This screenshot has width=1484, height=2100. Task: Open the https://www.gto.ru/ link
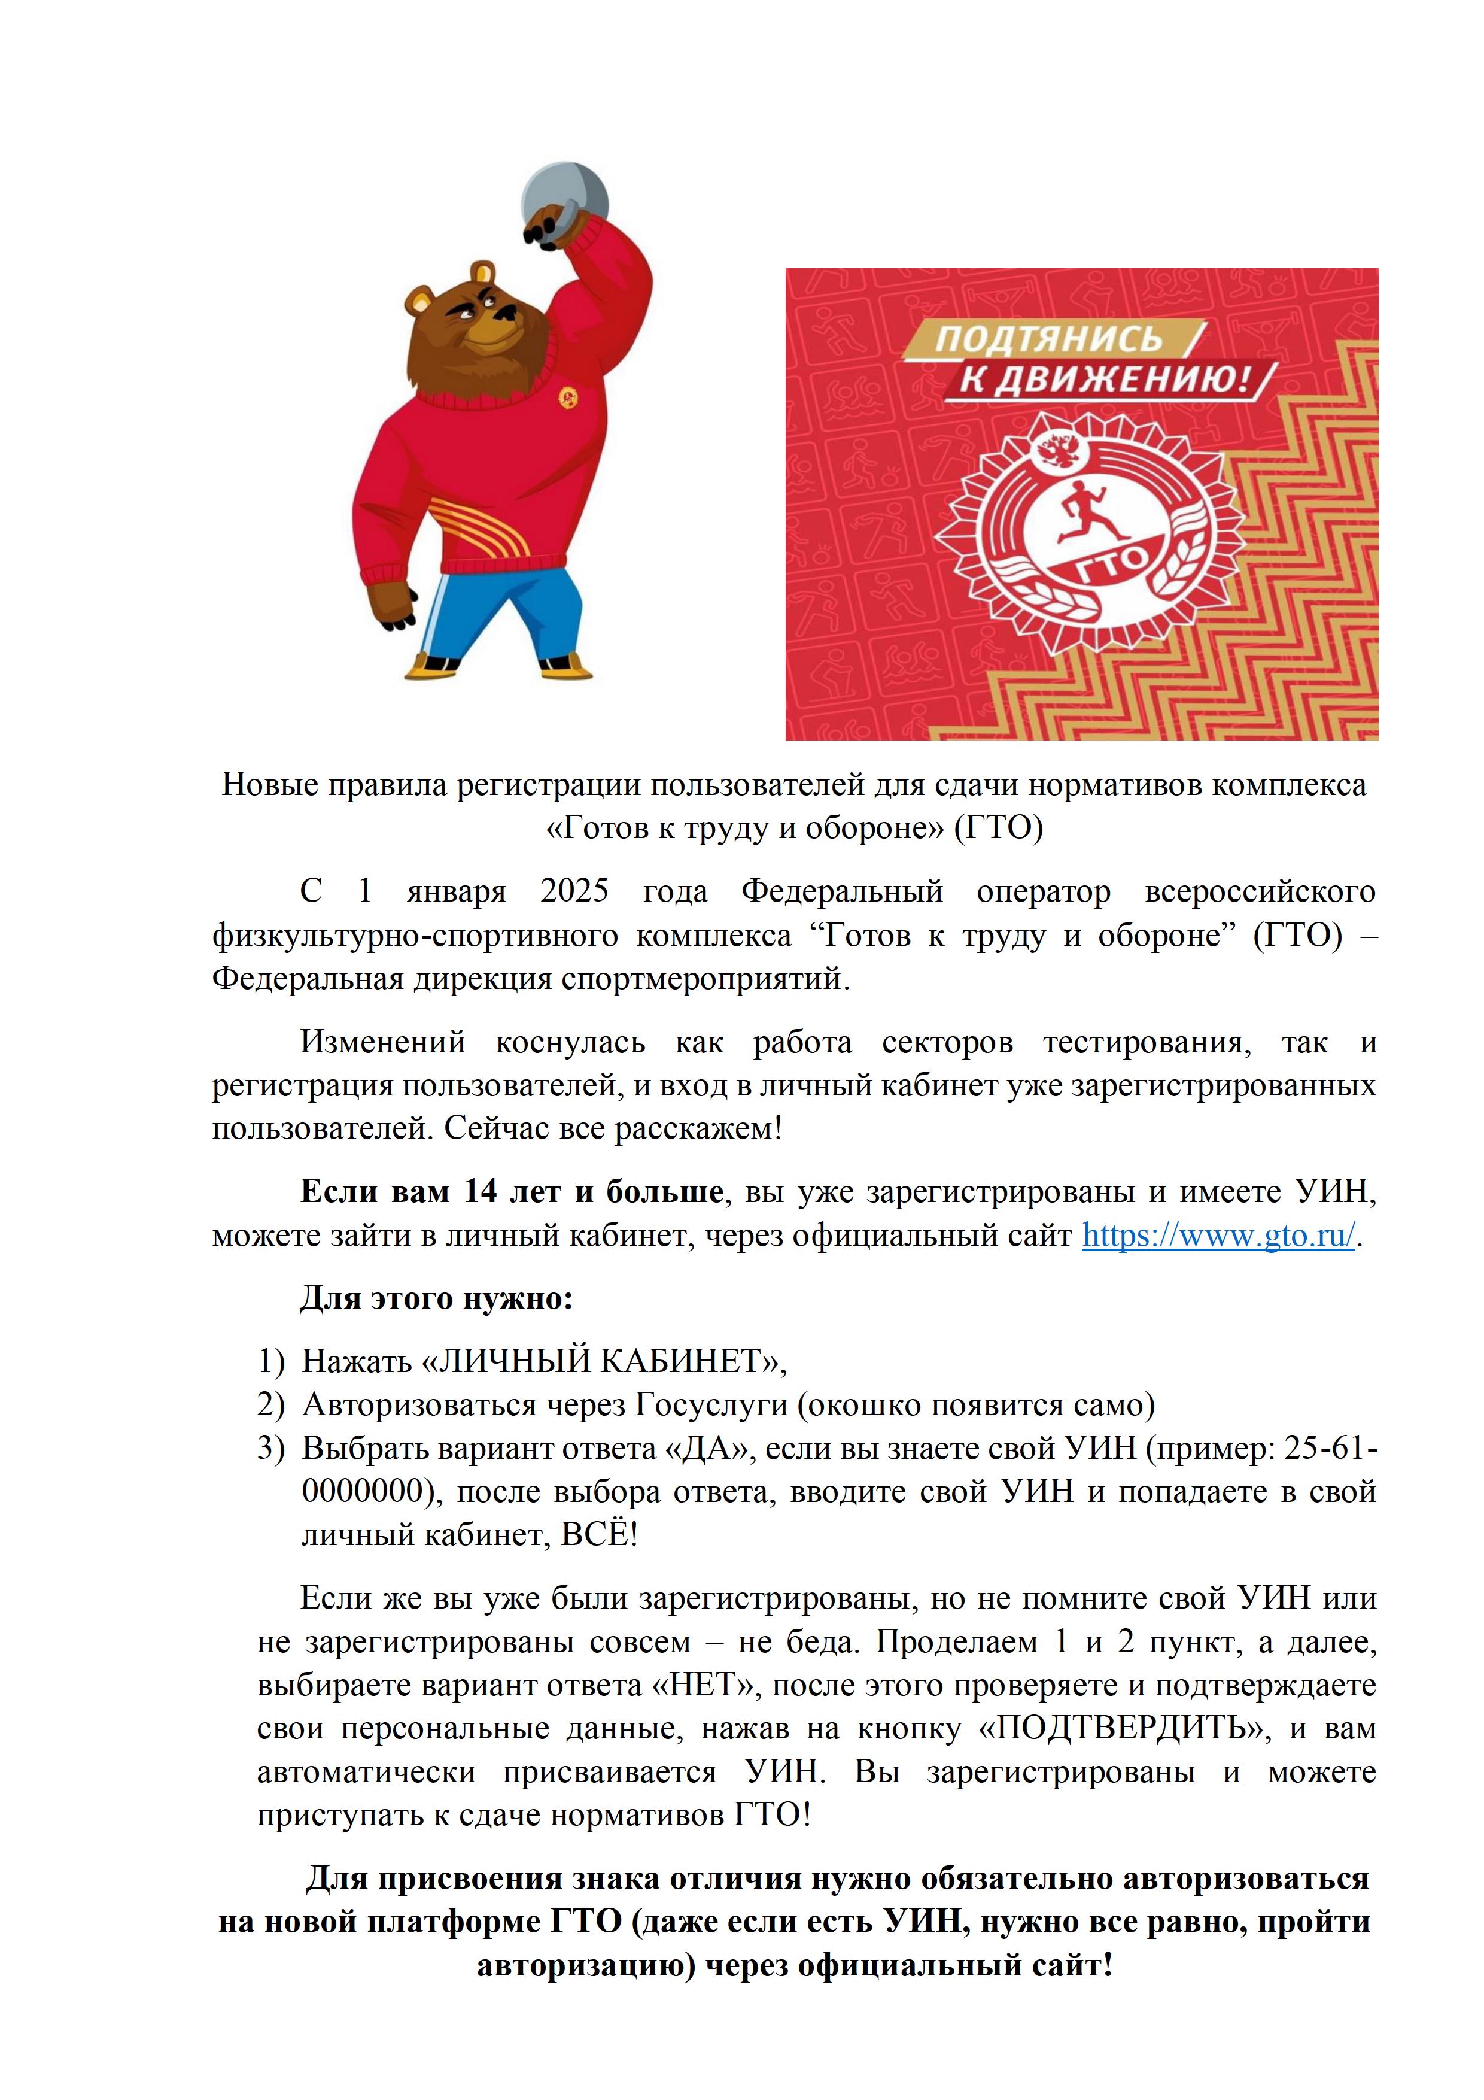1218,1236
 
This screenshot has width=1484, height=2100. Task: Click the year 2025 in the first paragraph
574,892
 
